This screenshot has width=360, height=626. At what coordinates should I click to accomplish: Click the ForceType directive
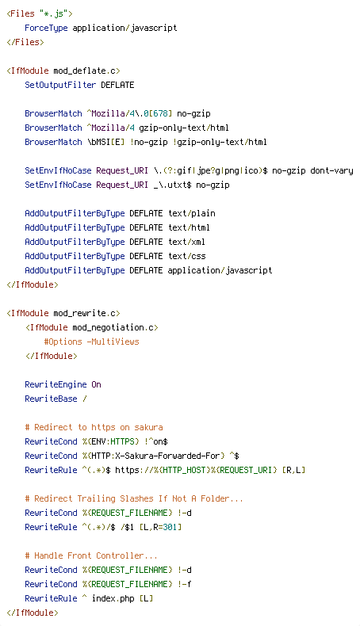point(46,28)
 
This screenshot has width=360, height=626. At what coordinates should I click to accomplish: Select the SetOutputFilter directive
point(60,85)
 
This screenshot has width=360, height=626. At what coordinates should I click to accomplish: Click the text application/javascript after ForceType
point(124,28)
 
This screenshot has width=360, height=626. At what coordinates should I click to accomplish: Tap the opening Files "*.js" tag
point(40,13)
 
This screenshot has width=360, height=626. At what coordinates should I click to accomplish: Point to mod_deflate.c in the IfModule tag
point(84,71)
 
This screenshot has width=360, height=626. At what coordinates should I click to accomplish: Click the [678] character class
point(160,113)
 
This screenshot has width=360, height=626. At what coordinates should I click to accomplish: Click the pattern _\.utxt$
point(172,185)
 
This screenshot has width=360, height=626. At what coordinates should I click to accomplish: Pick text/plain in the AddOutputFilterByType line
point(191,213)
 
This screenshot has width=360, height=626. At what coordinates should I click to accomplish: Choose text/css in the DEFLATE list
point(186,256)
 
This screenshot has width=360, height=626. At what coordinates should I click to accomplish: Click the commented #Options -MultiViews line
point(91,342)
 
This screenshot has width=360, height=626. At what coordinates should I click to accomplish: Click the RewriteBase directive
point(51,399)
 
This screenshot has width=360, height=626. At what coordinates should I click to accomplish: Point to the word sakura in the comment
point(148,427)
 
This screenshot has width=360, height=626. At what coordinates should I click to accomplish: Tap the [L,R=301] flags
point(160,527)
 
